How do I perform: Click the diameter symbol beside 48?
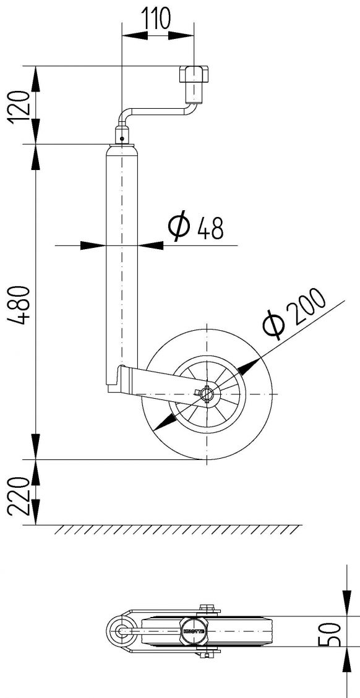point(180,227)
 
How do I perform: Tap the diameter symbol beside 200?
point(273,326)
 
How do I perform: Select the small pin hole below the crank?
point(122,137)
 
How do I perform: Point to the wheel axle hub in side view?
point(207,393)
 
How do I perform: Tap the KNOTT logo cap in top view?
point(192,631)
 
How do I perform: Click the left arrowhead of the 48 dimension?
point(92,245)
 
